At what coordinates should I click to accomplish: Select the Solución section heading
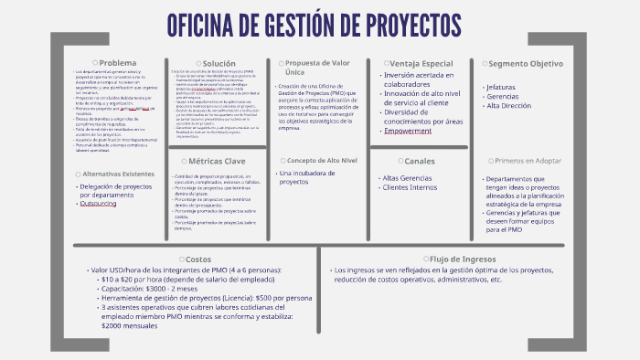click(219, 63)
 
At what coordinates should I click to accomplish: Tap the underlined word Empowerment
click(408, 131)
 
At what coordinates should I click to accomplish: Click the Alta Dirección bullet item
click(512, 106)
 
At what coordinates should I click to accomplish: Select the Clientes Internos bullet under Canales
click(410, 187)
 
